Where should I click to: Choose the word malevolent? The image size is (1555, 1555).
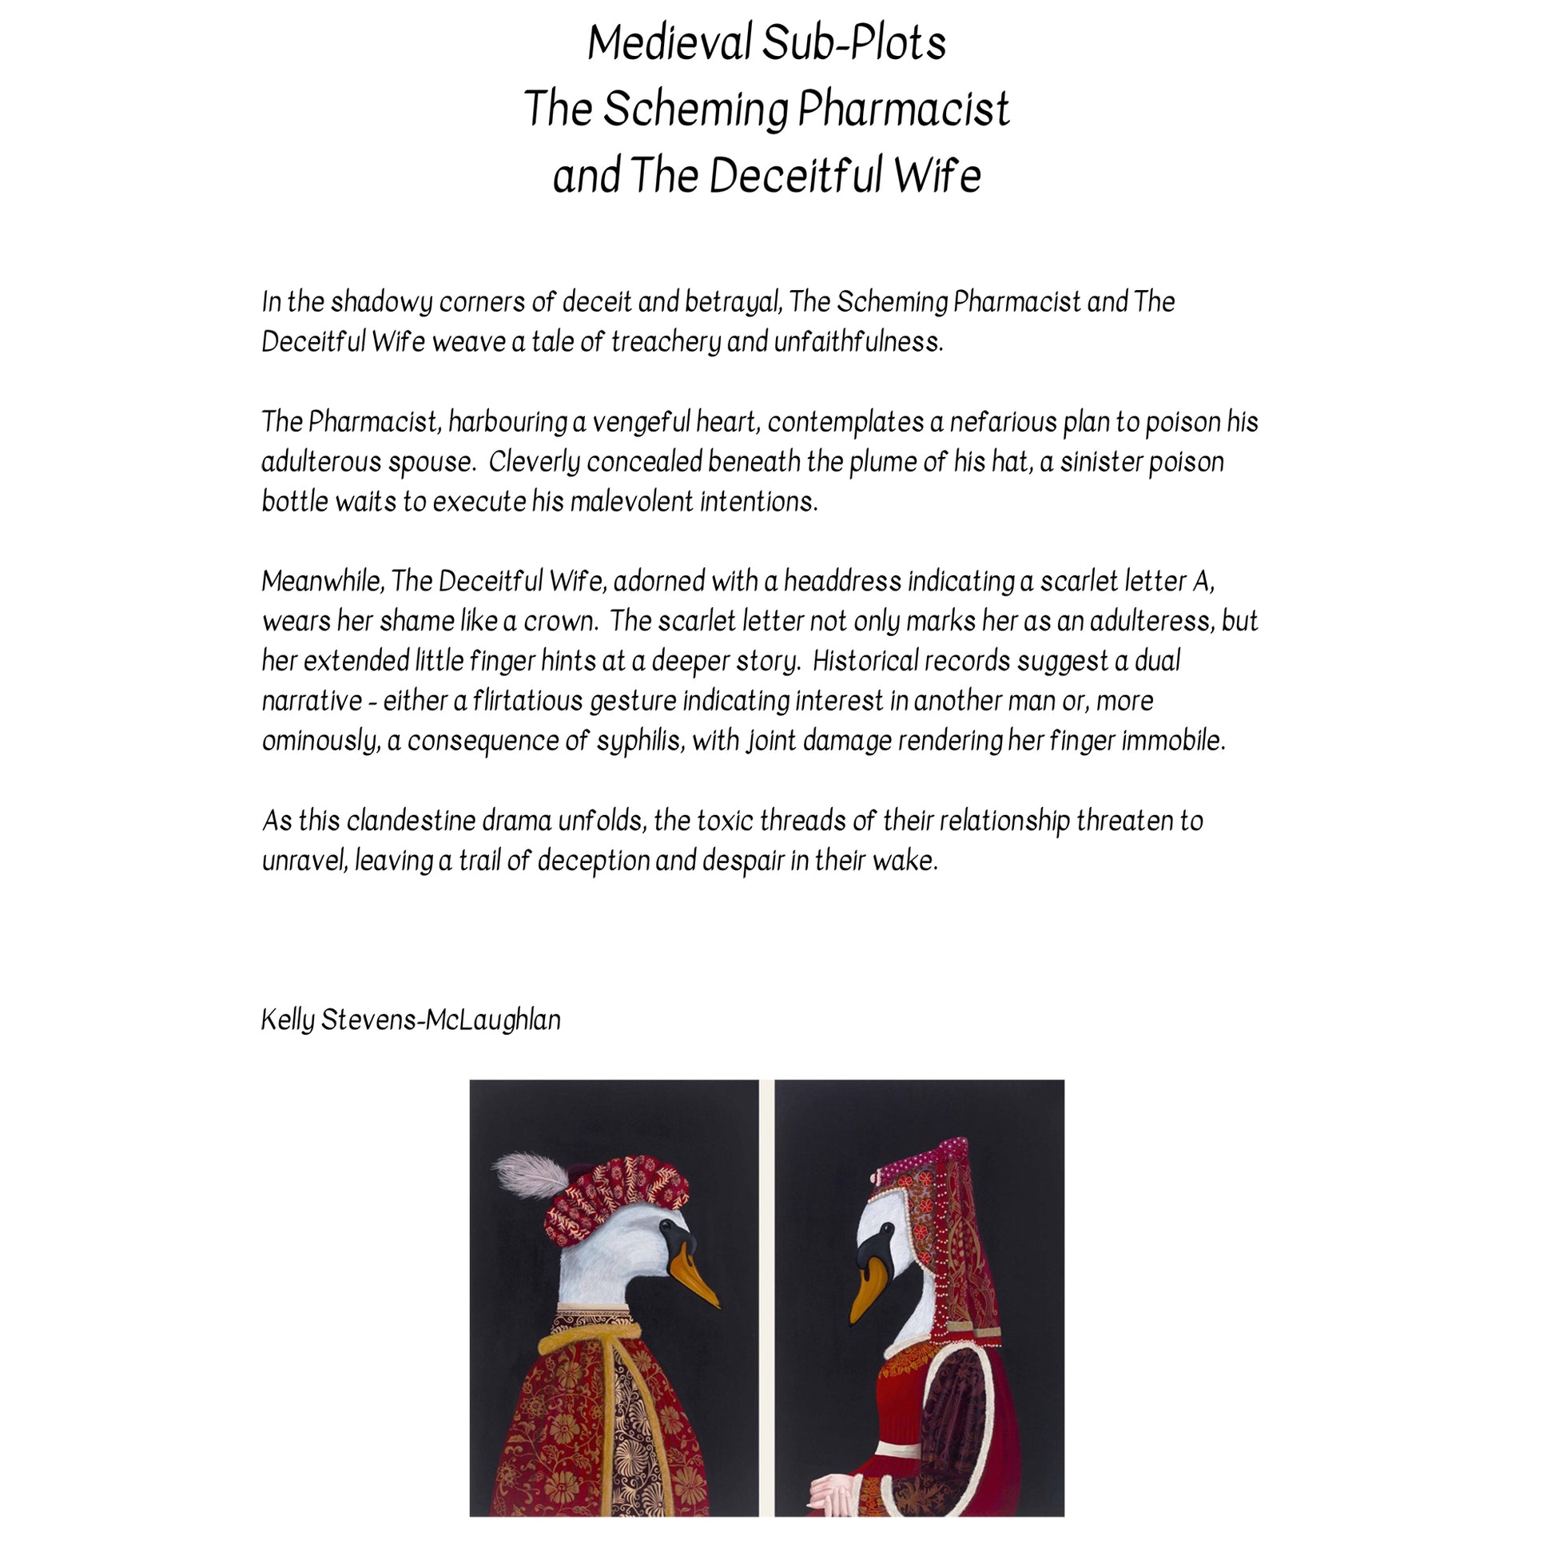tap(631, 503)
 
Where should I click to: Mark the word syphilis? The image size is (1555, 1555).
tap(638, 742)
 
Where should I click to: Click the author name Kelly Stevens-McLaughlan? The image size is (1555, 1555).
tap(412, 1020)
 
